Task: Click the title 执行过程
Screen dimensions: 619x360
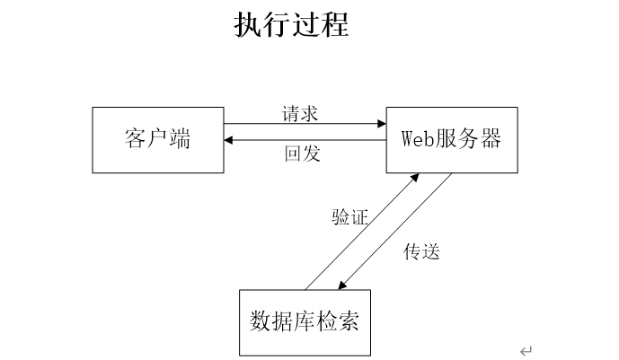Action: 291,24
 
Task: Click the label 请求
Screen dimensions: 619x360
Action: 300,113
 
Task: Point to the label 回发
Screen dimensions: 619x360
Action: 303,154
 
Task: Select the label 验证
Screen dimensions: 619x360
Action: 349,217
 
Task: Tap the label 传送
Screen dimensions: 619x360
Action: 421,251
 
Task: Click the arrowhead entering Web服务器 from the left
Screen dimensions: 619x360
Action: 382,124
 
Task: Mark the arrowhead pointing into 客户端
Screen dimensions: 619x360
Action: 228,140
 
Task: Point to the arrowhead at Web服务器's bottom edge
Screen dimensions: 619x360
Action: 415,177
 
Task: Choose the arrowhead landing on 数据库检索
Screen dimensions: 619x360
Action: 342,285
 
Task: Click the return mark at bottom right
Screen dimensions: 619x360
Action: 526,350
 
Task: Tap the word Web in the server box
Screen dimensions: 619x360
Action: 418,139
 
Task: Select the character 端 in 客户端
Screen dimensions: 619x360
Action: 180,139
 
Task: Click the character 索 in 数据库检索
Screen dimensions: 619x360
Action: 349,321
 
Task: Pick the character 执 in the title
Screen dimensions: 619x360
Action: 248,24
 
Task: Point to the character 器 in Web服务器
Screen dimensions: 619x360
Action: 491,139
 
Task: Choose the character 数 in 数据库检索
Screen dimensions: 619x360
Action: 261,321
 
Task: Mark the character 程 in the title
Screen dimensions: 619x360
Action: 335,24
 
